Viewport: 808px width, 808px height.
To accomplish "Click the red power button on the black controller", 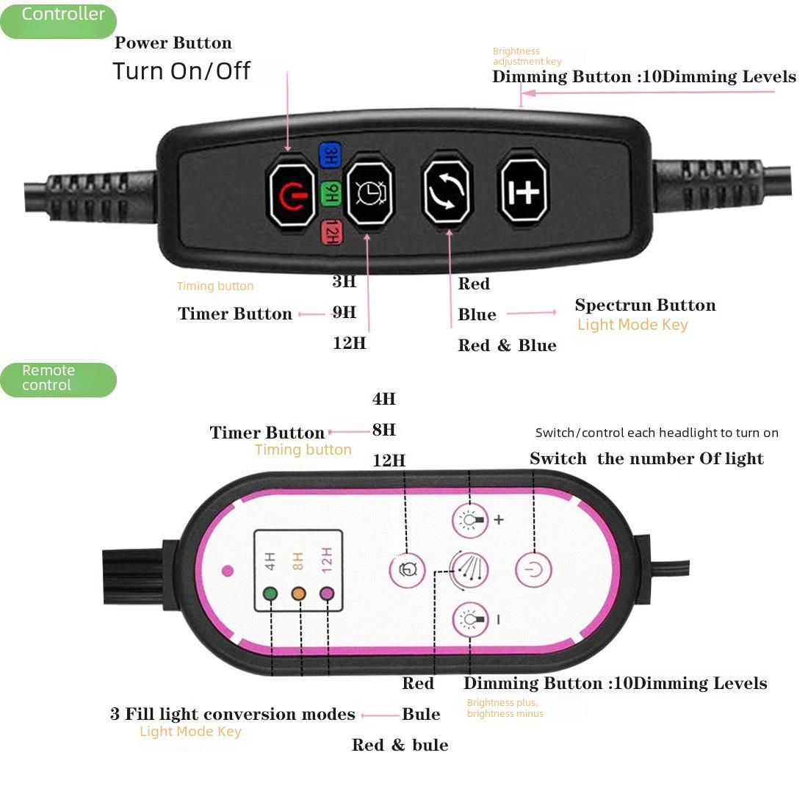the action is pyautogui.click(x=292, y=195).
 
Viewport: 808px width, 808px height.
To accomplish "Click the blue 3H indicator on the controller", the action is pyautogui.click(x=331, y=156).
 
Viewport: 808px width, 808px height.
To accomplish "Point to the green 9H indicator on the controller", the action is pyautogui.click(x=331, y=193).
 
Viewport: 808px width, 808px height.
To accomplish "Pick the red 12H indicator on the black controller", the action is pyautogui.click(x=331, y=232).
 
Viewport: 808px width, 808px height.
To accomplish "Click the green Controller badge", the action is pyautogui.click(x=58, y=21).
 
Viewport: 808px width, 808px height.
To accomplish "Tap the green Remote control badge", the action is pyautogui.click(x=58, y=380).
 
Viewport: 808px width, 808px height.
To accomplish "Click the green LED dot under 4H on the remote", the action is pyautogui.click(x=270, y=594).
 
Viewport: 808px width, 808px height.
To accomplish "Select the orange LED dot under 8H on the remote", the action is pyautogui.click(x=298, y=594).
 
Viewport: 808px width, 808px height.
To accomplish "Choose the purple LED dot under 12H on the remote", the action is pyautogui.click(x=327, y=594).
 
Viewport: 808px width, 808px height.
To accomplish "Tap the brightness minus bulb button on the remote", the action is pyautogui.click(x=470, y=619).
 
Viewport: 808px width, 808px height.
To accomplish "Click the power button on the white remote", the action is pyautogui.click(x=534, y=569).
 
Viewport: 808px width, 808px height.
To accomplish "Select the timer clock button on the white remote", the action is pyautogui.click(x=407, y=570).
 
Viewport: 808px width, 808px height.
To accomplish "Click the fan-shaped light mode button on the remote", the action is pyautogui.click(x=469, y=569).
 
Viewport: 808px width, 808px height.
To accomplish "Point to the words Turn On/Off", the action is pyautogui.click(x=181, y=71).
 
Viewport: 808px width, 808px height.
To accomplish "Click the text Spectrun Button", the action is pyautogui.click(x=645, y=305).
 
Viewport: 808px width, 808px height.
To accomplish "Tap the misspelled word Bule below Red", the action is pyautogui.click(x=421, y=714).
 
